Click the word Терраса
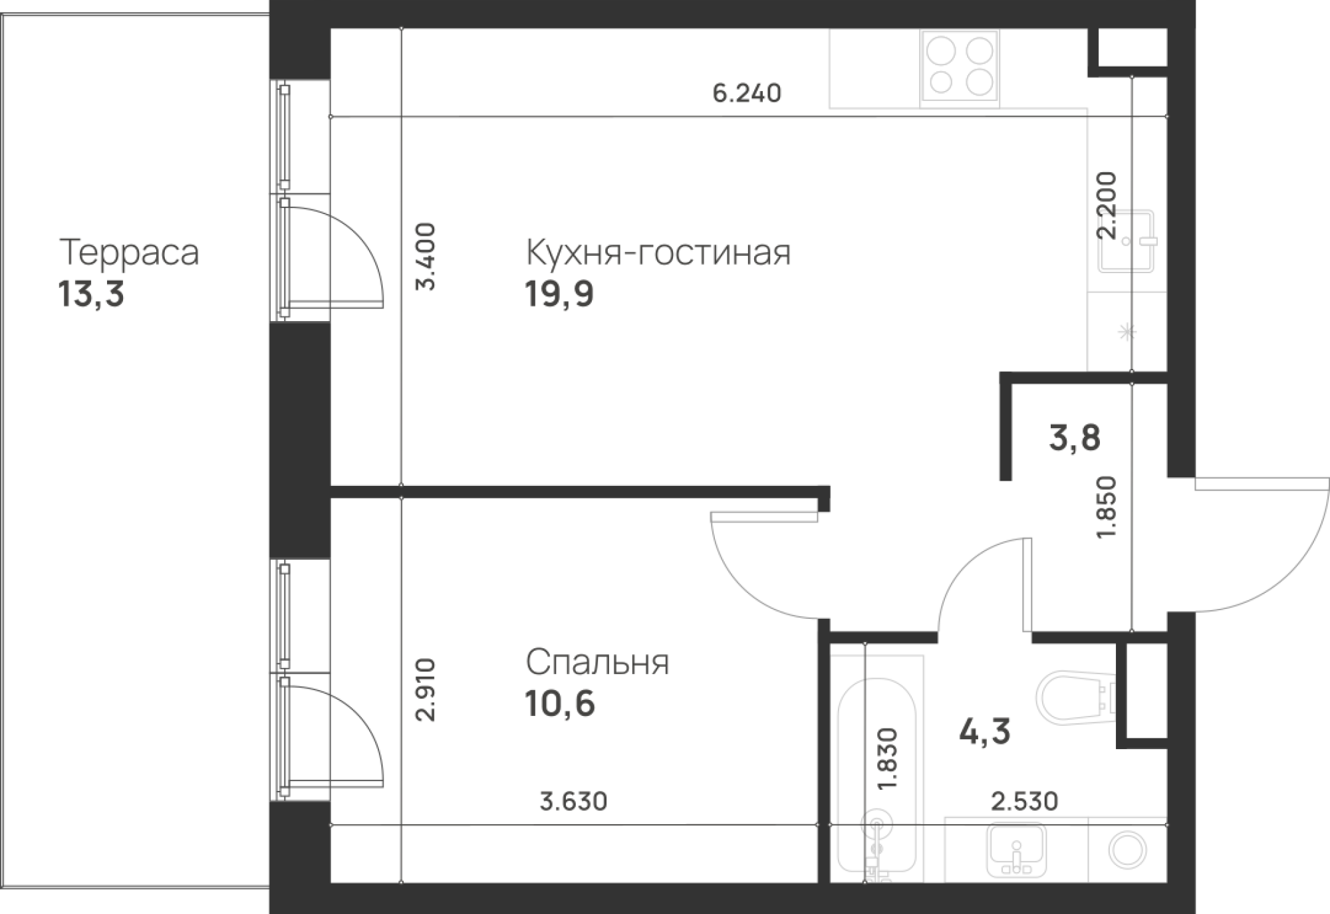pos(129,253)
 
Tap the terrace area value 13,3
pos(92,294)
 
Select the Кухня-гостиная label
pos(658,253)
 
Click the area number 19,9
pos(559,294)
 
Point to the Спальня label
pos(597,663)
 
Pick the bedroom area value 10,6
pos(561,704)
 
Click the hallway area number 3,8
pos(1075,439)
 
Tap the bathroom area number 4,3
pos(985,732)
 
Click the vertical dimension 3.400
pos(426,257)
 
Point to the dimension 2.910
pos(426,690)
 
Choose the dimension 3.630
pos(573,802)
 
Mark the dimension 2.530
pos(1025,801)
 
